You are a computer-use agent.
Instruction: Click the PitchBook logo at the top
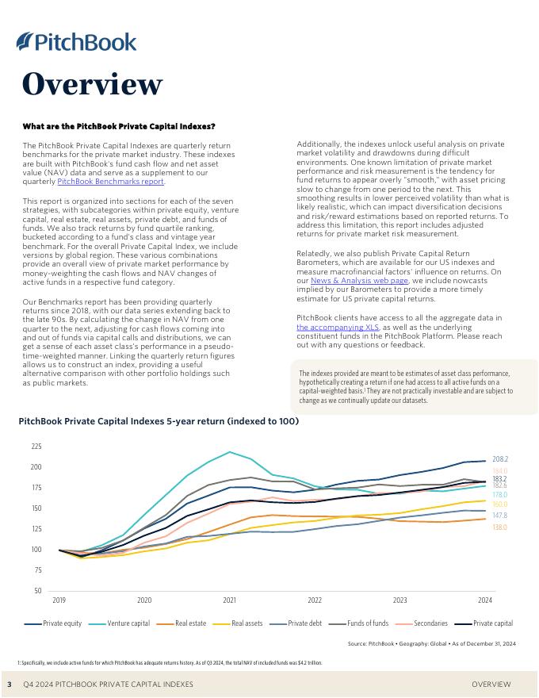pyautogui.click(x=76, y=41)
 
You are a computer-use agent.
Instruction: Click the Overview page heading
pyautogui.click(x=92, y=83)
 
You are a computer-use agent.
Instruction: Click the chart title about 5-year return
pyautogui.click(x=159, y=421)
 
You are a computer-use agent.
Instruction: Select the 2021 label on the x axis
pyautogui.click(x=230, y=600)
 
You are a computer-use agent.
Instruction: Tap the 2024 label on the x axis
pyautogui.click(x=485, y=600)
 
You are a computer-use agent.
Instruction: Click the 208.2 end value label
pyautogui.click(x=499, y=459)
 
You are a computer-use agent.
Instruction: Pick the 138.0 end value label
pyautogui.click(x=499, y=527)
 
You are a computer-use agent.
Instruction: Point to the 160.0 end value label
pyautogui.click(x=499, y=504)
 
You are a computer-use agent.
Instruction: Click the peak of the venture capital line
pyautogui.click(x=230, y=452)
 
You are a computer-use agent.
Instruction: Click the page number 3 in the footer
pyautogui.click(x=10, y=684)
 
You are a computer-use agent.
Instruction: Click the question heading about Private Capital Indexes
pyautogui.click(x=119, y=127)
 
